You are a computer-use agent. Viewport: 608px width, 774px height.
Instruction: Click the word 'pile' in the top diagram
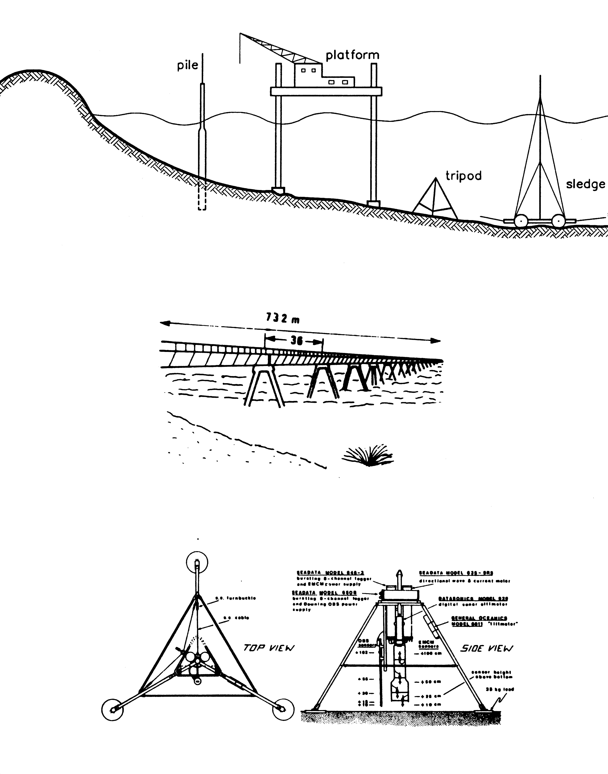(188, 65)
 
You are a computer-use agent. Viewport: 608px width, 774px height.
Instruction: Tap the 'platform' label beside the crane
(352, 55)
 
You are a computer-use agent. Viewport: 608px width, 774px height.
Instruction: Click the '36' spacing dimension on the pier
(296, 341)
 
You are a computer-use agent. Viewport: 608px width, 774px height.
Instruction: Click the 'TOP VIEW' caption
(269, 648)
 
